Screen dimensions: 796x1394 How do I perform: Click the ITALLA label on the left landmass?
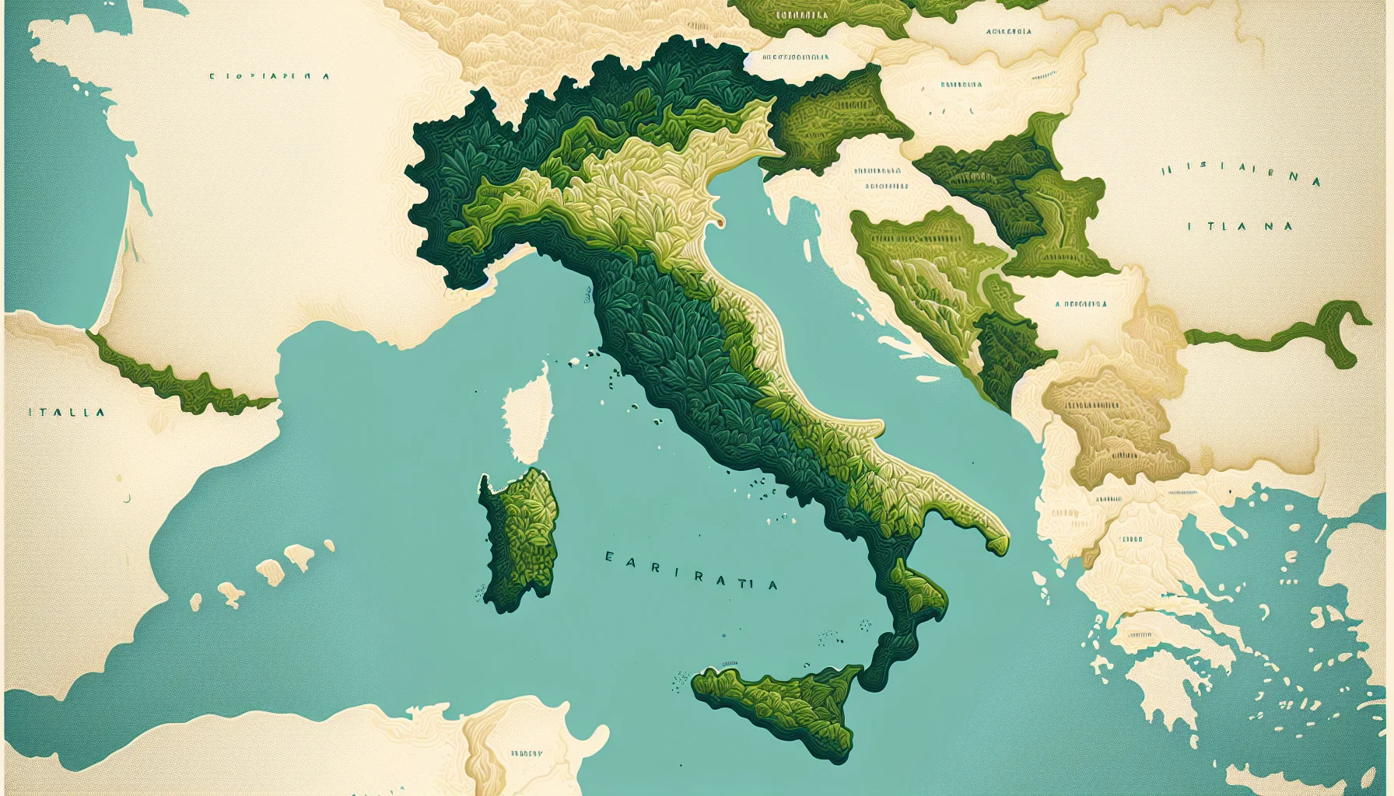click(x=66, y=412)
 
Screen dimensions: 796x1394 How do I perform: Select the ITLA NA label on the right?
click(x=1240, y=226)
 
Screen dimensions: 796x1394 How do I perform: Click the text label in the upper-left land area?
click(x=270, y=76)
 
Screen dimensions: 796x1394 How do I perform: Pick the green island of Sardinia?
click(x=520, y=536)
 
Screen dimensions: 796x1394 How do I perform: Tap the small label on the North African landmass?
click(x=527, y=753)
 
